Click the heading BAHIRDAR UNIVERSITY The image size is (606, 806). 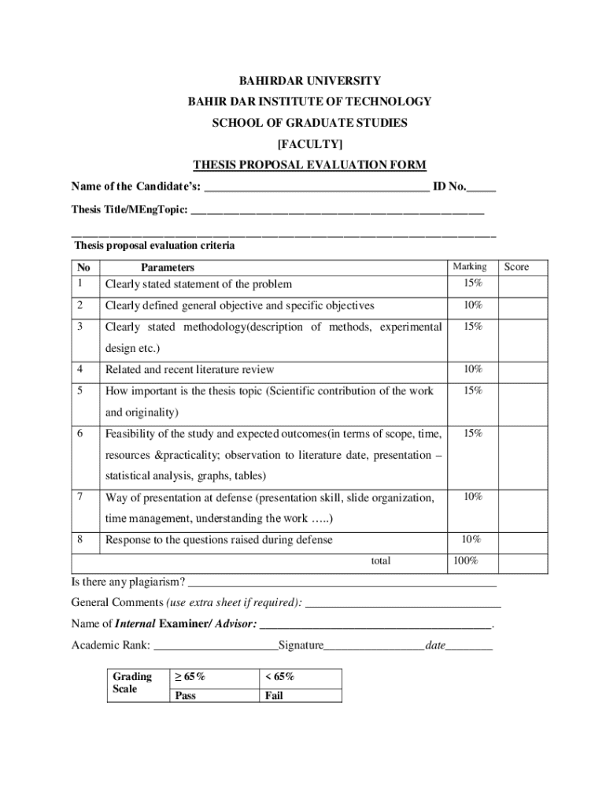tap(309, 81)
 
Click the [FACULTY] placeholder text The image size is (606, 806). tap(309, 144)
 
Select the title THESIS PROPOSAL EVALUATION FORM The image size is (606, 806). tap(309, 165)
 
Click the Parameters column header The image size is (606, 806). tap(167, 268)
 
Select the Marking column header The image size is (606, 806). tap(469, 267)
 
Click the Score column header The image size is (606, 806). tap(516, 267)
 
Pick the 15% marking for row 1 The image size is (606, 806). tap(472, 283)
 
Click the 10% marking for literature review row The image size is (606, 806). tap(472, 369)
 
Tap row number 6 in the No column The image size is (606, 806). tap(81, 434)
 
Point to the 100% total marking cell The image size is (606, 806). tap(464, 561)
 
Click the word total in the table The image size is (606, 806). tap(380, 561)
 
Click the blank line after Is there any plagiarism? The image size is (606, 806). tap(342, 583)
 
